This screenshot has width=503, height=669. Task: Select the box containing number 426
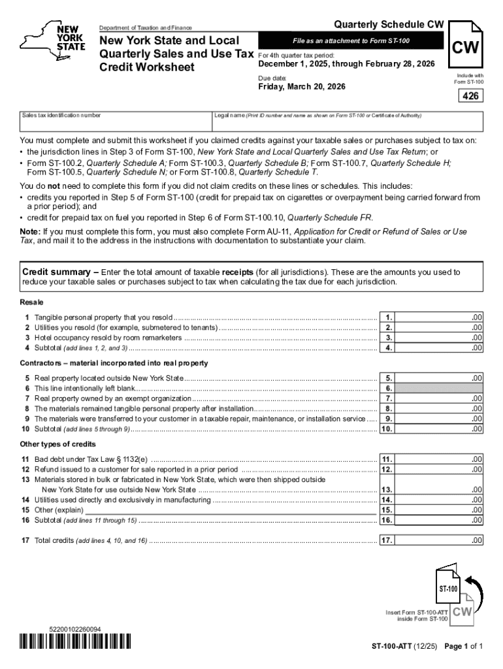point(470,97)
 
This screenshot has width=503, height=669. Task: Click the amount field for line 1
point(440,317)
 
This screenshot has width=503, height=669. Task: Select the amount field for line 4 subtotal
point(440,348)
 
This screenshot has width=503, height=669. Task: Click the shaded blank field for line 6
point(440,388)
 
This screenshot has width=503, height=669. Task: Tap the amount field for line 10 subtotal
point(440,429)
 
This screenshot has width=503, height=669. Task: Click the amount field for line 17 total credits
point(440,540)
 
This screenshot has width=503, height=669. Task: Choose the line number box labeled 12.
point(387,469)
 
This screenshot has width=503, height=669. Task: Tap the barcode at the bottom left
point(75,642)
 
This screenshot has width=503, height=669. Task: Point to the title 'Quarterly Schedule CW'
point(389,25)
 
